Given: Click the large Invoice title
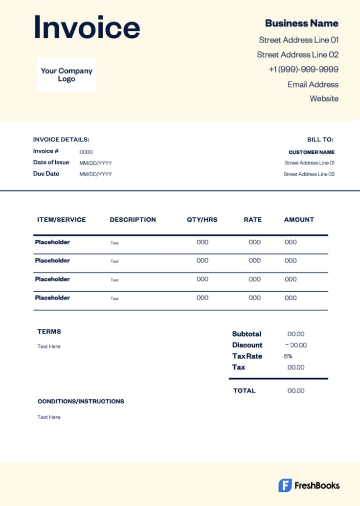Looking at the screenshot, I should (x=87, y=27).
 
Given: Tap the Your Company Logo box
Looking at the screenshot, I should (x=67, y=74).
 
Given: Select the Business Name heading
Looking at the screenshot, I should (x=301, y=23).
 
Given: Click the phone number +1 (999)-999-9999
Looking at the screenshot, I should (x=303, y=69).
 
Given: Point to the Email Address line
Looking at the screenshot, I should (x=313, y=84).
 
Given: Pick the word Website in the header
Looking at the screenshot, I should (x=324, y=98).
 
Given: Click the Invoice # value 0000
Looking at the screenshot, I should (x=86, y=152).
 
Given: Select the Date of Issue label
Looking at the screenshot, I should (x=51, y=162).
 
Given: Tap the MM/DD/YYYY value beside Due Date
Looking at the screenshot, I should (x=96, y=174).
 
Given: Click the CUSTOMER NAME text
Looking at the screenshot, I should (x=312, y=152).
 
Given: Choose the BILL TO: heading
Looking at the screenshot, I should (x=320, y=139).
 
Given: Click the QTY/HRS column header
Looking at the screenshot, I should (x=202, y=220).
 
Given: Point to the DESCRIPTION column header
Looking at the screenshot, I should (x=133, y=220).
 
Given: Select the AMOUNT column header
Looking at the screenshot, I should (x=299, y=220).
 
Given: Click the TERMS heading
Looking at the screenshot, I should (x=49, y=331).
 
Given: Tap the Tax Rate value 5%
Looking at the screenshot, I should (x=288, y=356).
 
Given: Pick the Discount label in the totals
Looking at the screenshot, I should (x=247, y=345).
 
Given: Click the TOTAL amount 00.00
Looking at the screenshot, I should (x=296, y=391).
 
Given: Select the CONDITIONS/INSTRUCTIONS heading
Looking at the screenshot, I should (x=81, y=401).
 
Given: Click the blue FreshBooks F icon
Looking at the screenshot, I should (x=285, y=485).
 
